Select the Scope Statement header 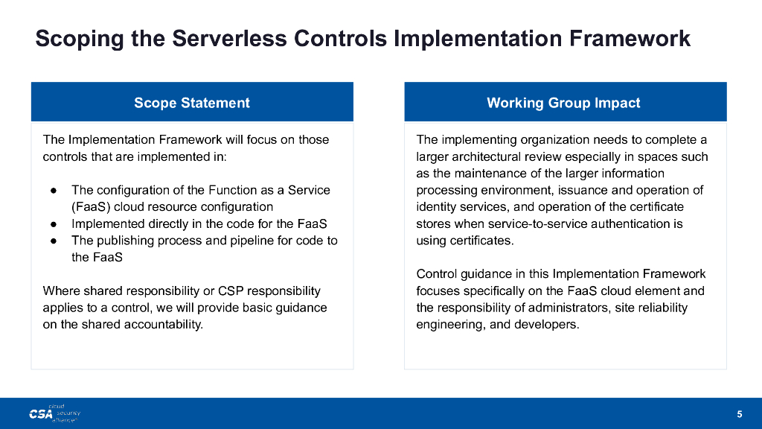pos(192,103)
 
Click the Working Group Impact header pos(564,103)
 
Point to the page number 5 pos(739,414)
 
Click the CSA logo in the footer pos(54,413)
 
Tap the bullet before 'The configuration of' pos(54,191)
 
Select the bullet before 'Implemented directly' pos(54,224)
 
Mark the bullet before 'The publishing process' pos(54,241)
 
